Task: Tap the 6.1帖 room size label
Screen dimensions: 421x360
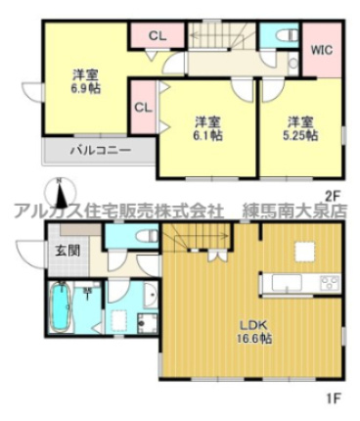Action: click(x=206, y=136)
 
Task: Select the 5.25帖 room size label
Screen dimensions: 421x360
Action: click(x=299, y=136)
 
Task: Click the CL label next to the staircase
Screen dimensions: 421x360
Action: click(x=157, y=36)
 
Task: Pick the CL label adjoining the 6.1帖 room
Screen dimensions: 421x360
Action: click(x=141, y=107)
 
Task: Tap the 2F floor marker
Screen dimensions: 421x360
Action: click(x=332, y=194)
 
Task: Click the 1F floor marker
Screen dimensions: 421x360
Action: click(x=332, y=400)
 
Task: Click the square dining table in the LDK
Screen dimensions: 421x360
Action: click(x=300, y=252)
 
